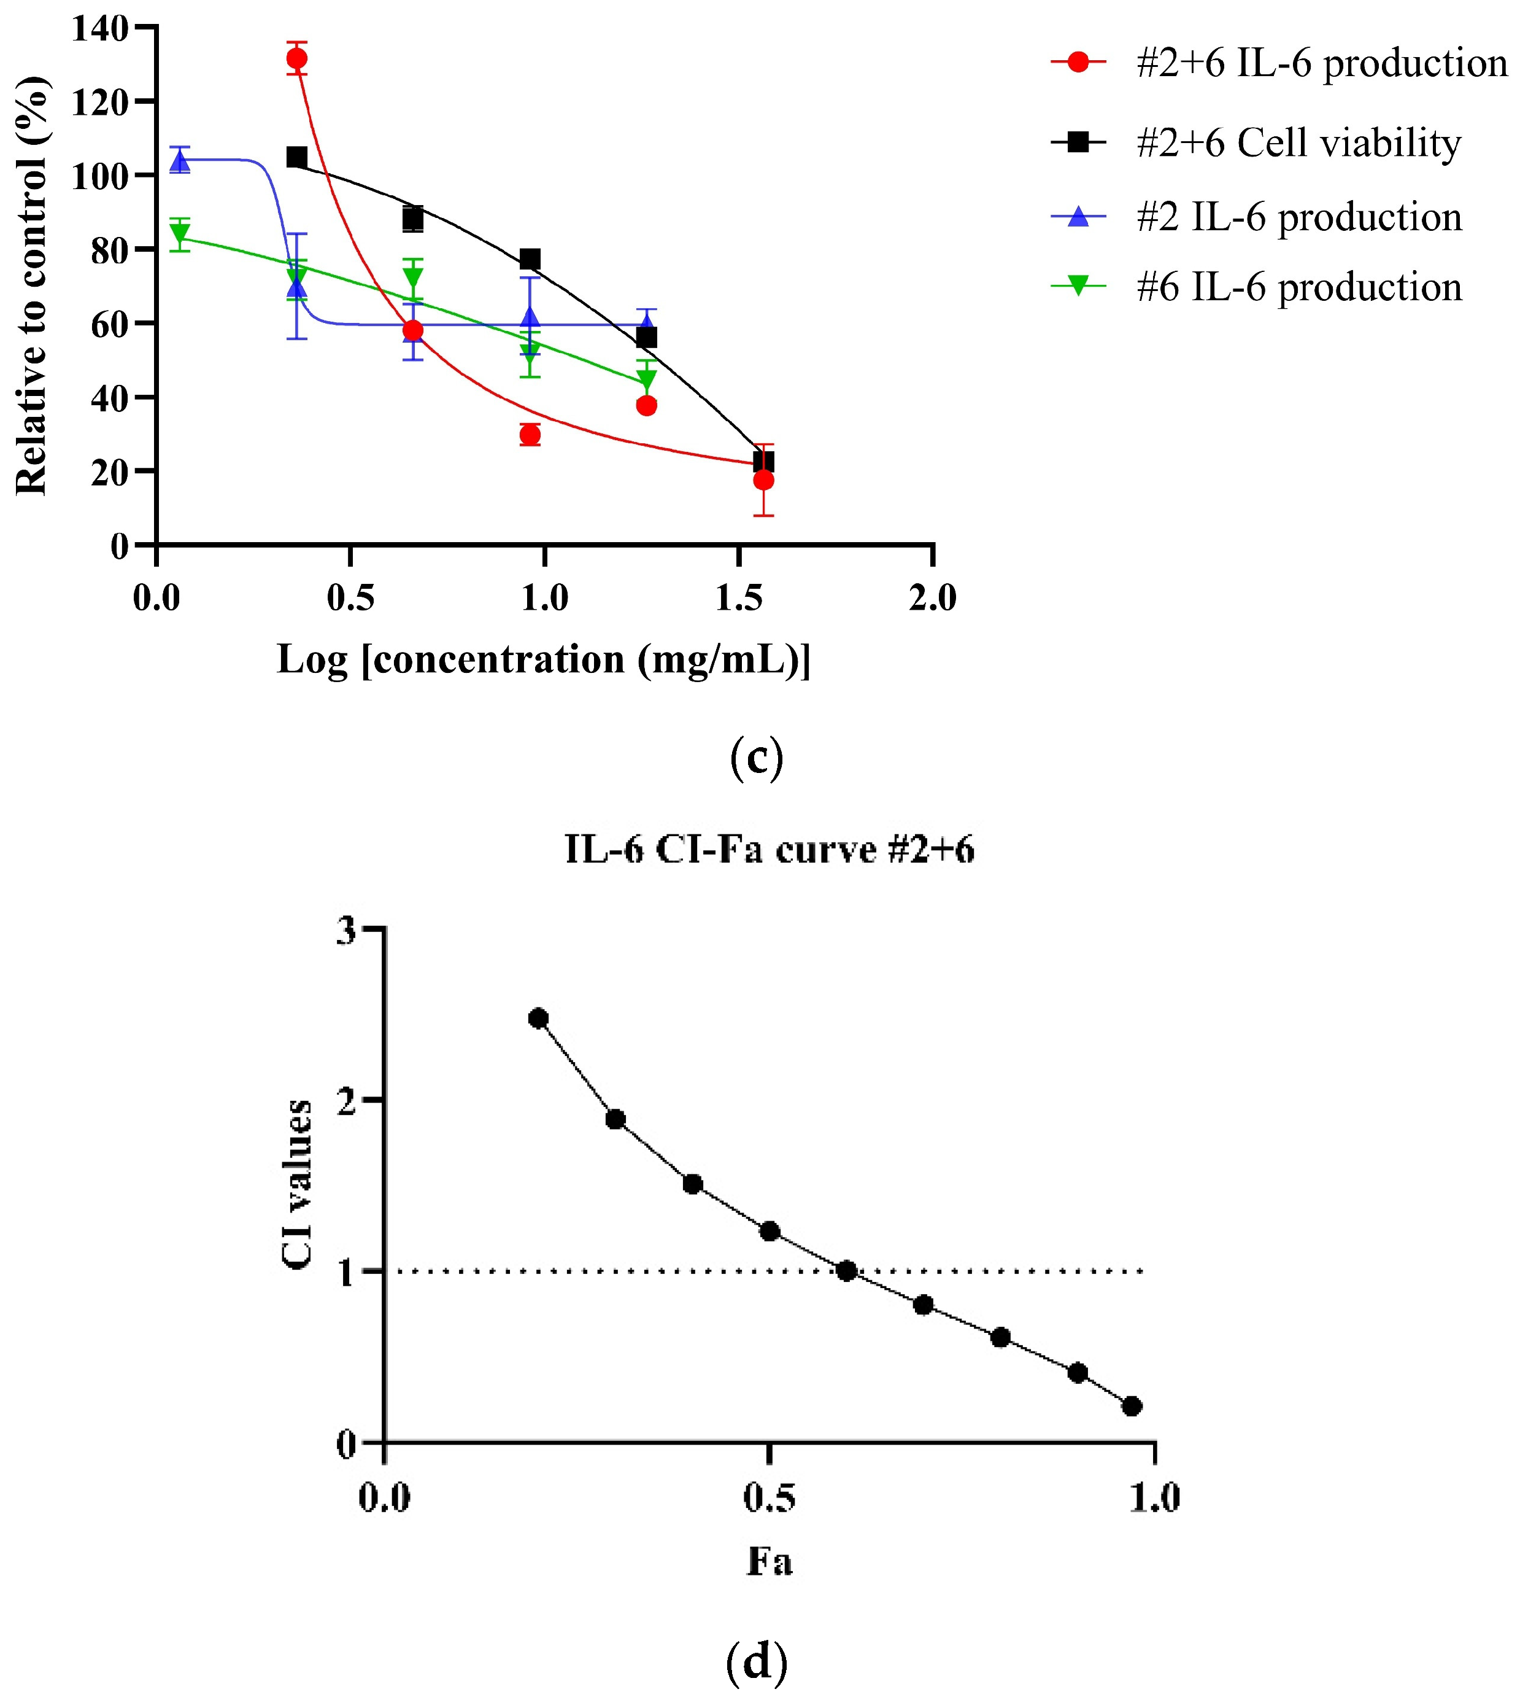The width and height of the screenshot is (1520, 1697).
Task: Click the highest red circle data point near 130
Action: pyautogui.click(x=296, y=58)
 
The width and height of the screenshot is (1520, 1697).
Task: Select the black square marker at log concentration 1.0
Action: pyautogui.click(x=530, y=259)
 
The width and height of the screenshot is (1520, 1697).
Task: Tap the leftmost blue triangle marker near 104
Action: pyautogui.click(x=180, y=160)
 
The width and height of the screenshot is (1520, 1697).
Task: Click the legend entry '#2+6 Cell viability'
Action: pyautogui.click(x=1298, y=143)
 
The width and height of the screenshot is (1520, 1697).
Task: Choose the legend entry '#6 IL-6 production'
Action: pyautogui.click(x=1298, y=287)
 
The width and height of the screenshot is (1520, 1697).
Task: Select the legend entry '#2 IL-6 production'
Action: pyautogui.click(x=1298, y=216)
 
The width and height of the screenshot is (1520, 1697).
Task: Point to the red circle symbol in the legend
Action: pyautogui.click(x=1078, y=63)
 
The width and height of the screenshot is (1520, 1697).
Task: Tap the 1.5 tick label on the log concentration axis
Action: pyautogui.click(x=738, y=598)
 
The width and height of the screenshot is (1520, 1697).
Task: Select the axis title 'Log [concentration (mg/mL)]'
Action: pyautogui.click(x=544, y=659)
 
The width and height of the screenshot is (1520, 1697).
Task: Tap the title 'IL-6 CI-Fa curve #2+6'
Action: pyautogui.click(x=769, y=850)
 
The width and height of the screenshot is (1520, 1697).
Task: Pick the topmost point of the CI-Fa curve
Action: pyautogui.click(x=539, y=1018)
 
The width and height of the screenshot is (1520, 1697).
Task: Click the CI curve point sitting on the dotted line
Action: pyautogui.click(x=846, y=1271)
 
